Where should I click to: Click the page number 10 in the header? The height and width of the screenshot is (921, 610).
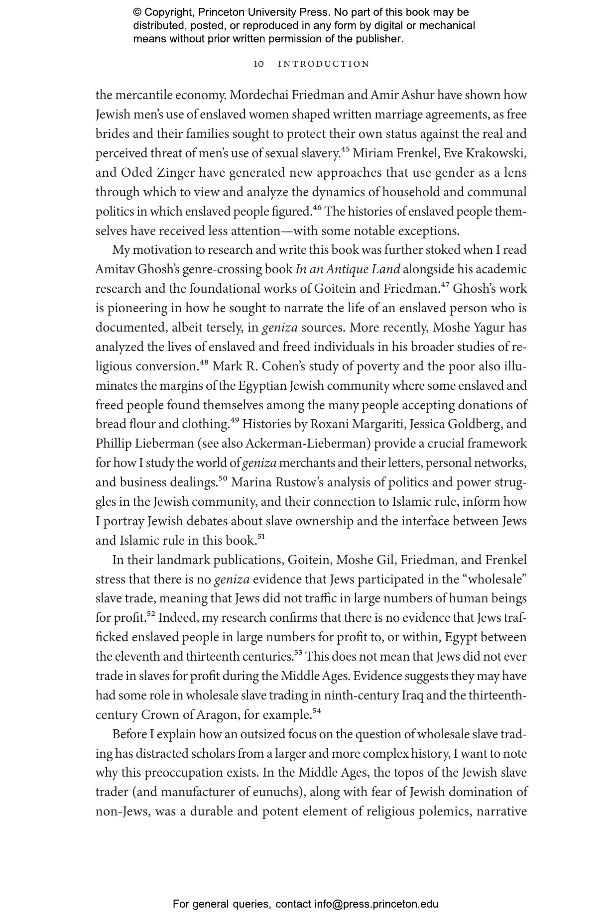click(258, 64)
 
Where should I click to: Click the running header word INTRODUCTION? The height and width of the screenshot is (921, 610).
click(324, 64)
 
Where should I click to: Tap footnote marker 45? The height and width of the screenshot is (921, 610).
click(345, 150)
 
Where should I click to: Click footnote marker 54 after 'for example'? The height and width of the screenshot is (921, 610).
click(316, 711)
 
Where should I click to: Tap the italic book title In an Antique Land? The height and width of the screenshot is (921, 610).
click(348, 269)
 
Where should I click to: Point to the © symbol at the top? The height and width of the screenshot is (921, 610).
click(137, 13)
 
